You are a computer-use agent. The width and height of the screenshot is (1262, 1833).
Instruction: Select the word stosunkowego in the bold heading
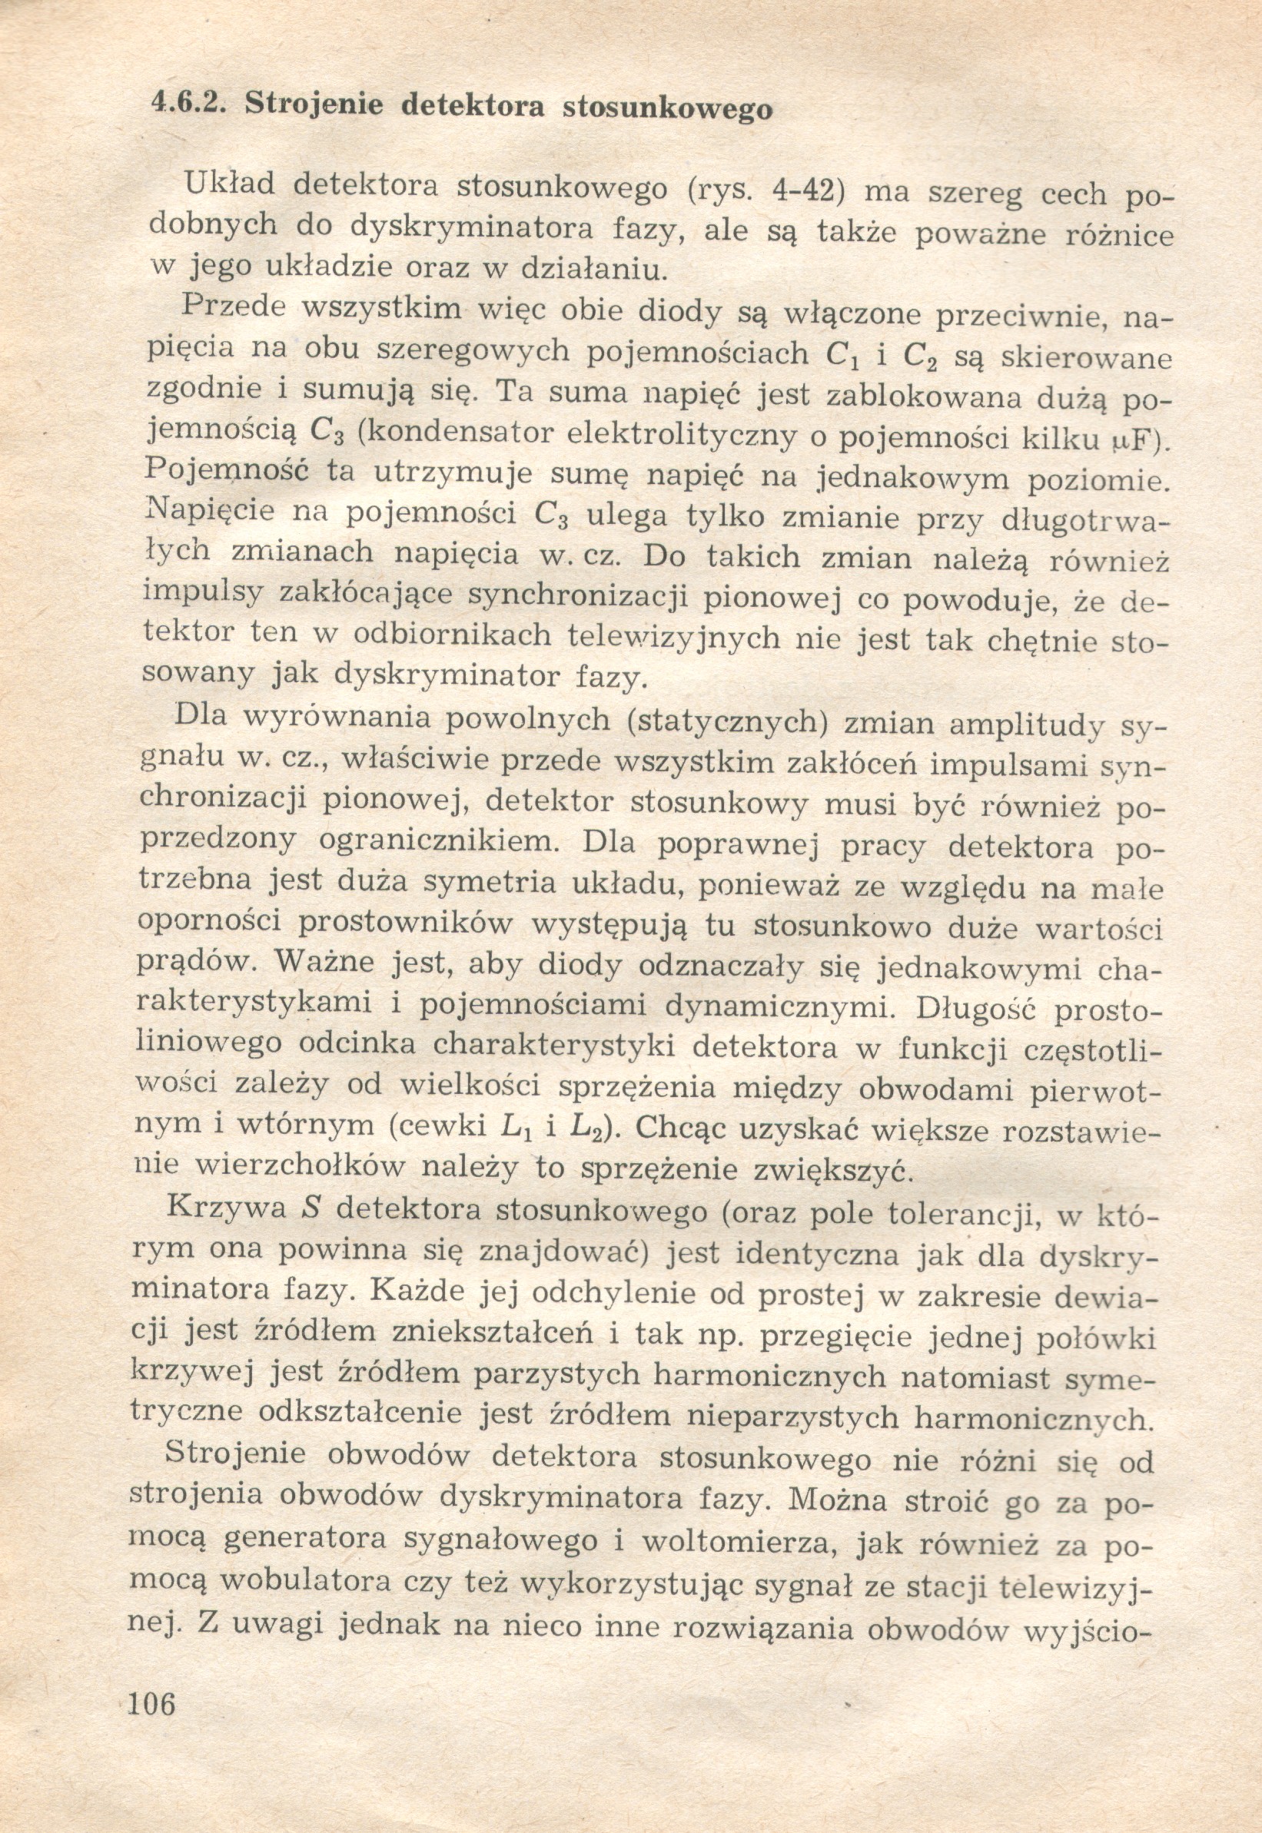[x=667, y=108]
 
